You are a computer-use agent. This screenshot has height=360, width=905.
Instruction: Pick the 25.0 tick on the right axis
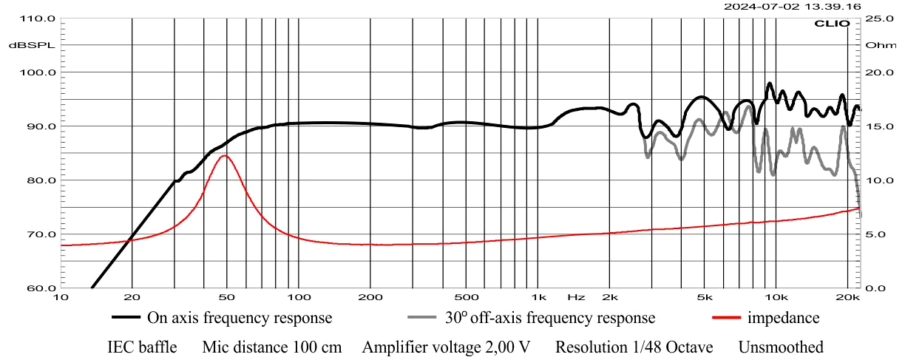click(881, 18)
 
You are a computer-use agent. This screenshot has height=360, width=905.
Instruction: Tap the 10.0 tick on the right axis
click(881, 180)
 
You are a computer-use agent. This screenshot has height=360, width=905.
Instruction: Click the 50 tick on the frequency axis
click(226, 297)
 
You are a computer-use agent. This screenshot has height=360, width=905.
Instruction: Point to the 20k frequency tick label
click(848, 297)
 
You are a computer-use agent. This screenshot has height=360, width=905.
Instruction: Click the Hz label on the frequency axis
click(576, 297)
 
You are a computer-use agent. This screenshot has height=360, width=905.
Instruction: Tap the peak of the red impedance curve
click(225, 155)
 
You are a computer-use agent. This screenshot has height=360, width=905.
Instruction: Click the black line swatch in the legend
click(126, 319)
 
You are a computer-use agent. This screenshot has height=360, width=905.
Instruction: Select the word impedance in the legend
click(784, 319)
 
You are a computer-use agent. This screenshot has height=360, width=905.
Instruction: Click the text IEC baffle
click(143, 347)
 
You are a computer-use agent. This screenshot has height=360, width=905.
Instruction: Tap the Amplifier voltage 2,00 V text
click(447, 347)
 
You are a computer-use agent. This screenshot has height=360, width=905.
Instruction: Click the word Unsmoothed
click(781, 347)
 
